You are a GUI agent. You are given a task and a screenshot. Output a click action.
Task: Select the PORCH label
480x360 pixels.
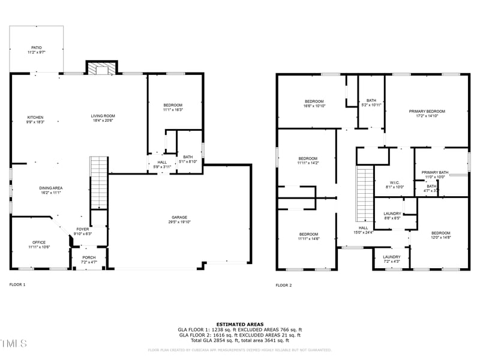[89, 259]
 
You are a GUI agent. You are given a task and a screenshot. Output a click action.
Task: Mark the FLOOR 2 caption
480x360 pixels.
[283, 285]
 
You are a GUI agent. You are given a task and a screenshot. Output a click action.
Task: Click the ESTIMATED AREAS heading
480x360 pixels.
[239, 324]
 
